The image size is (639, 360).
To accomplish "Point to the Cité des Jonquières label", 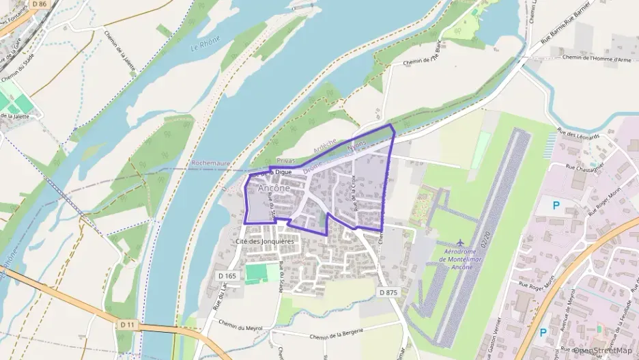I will (264, 241).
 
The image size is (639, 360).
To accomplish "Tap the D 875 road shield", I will (387, 292).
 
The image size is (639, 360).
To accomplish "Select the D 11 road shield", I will (126, 324).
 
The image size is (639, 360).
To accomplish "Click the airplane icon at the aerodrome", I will (460, 243).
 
